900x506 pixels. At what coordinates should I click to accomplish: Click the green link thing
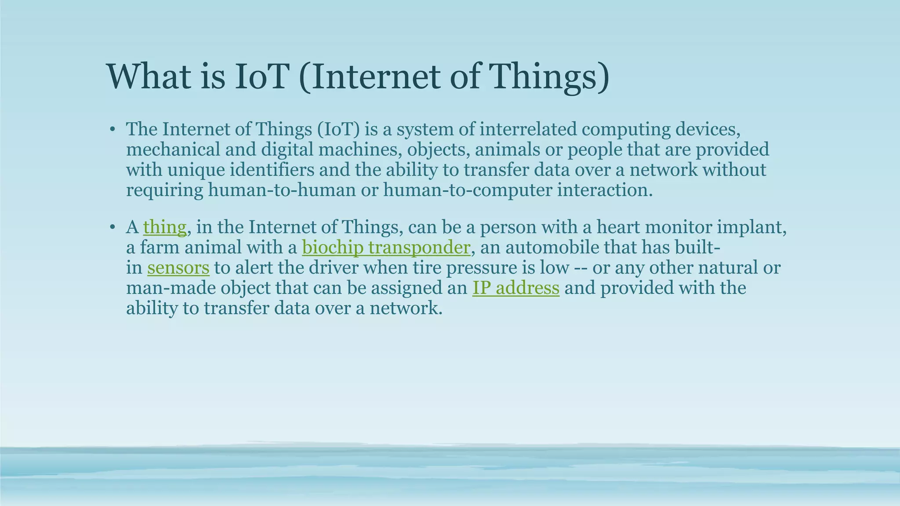click(x=165, y=228)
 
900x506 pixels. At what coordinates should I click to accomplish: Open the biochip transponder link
click(x=386, y=248)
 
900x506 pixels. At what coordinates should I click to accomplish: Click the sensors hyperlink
click(x=178, y=268)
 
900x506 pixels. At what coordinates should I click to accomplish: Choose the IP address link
click(x=515, y=288)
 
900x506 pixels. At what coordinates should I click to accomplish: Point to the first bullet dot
click(x=112, y=130)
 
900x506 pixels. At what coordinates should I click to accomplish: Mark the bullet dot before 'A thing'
click(x=112, y=228)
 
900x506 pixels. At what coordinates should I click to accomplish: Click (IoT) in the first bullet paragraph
click(x=337, y=129)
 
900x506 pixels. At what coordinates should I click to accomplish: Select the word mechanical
click(x=173, y=149)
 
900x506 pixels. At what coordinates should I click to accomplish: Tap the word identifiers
click(x=272, y=170)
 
